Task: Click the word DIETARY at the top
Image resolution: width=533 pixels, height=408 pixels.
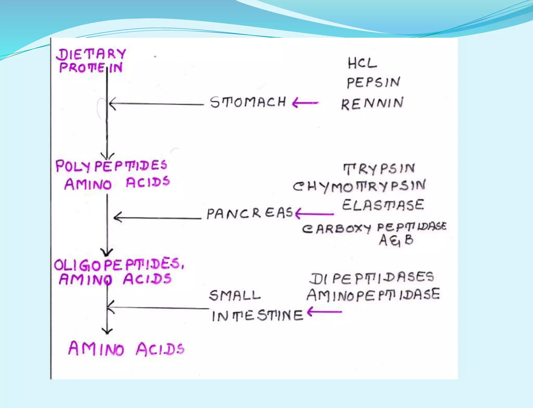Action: (x=91, y=55)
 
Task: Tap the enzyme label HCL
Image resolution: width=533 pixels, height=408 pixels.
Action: (x=362, y=63)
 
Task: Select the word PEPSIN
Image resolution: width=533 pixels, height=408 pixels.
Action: (x=373, y=82)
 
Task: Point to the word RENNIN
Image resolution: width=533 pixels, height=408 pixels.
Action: (x=372, y=103)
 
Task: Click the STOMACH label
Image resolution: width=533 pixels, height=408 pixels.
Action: (x=248, y=102)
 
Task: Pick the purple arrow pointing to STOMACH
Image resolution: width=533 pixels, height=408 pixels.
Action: (x=305, y=103)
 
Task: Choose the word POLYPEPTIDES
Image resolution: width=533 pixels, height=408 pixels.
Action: (x=111, y=166)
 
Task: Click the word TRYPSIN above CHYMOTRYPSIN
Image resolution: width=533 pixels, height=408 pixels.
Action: (x=379, y=169)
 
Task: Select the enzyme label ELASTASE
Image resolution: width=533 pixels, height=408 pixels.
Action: (x=383, y=205)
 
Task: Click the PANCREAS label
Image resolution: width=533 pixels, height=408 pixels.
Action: (x=250, y=213)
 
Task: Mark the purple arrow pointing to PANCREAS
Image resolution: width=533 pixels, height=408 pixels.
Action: (x=314, y=214)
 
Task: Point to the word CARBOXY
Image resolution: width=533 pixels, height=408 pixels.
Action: (x=336, y=229)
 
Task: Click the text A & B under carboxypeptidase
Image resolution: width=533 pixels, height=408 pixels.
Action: (x=396, y=240)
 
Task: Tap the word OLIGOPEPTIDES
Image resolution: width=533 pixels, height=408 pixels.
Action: (x=119, y=265)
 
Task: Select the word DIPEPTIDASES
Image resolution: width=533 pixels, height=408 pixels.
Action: (x=372, y=278)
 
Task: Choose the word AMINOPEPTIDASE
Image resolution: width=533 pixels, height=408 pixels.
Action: (x=373, y=295)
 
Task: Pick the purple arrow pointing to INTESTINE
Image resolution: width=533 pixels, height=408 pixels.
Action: (x=324, y=312)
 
